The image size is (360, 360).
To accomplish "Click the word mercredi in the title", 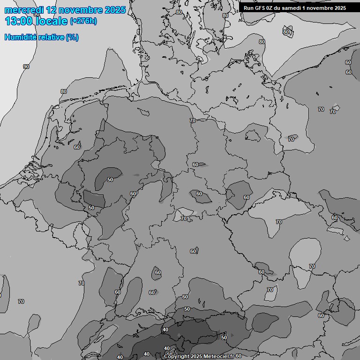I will tap(23, 10).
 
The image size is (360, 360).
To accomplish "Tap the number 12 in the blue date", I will tap(52, 10).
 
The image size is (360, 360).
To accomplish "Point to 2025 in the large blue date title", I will tap(115, 10).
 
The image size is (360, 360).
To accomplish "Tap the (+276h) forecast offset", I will tap(83, 22).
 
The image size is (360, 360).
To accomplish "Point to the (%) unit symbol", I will tap(73, 37).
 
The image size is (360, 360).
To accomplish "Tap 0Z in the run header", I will tap(271, 8).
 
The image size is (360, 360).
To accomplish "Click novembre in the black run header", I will tap(321, 8).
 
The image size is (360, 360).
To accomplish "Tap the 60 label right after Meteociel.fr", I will tap(239, 356).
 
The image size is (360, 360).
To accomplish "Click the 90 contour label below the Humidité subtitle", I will tap(26, 67).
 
